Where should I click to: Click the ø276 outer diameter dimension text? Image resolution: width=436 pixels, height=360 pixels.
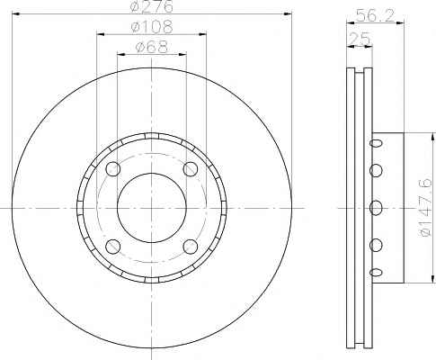click(152, 6)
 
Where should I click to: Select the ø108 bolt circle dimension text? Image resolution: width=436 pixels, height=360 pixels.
click(152, 27)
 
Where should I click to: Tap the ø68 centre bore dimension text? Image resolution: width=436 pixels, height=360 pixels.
click(152, 47)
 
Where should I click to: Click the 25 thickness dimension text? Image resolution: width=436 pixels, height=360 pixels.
click(360, 39)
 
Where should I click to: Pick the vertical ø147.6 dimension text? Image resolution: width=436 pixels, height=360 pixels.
click(425, 208)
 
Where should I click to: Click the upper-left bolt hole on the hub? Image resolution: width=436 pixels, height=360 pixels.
click(113, 169)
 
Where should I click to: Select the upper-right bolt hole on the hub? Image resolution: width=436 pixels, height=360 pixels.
click(191, 169)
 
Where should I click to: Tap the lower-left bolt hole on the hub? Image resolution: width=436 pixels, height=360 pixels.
click(113, 247)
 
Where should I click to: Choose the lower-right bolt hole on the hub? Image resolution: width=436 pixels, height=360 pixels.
click(191, 247)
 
